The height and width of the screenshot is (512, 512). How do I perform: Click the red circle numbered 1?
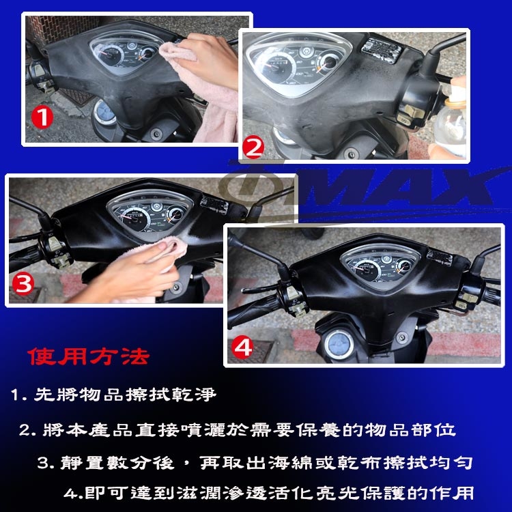tap(42, 118)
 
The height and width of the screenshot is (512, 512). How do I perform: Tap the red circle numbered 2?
tap(253, 149)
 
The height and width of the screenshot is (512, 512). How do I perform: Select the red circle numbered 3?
tap(23, 283)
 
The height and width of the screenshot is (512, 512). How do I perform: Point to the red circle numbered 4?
tap(242, 348)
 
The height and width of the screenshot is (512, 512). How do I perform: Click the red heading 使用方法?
tap(89, 356)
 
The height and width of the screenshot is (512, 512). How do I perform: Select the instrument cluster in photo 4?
tap(380, 265)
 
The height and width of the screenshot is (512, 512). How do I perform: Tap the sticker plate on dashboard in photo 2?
tap(381, 50)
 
